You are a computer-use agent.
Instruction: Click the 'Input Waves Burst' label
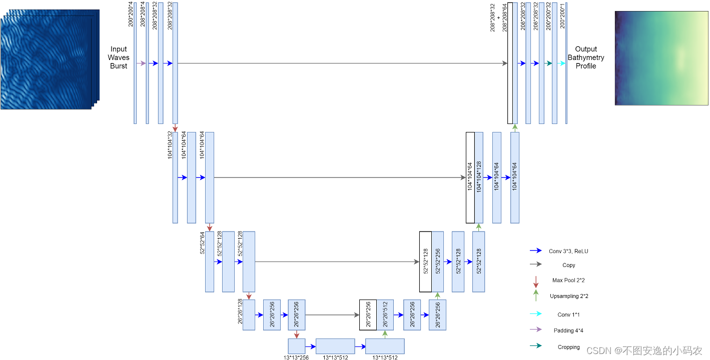click(x=119, y=57)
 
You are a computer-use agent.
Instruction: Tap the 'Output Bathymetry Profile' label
click(x=586, y=57)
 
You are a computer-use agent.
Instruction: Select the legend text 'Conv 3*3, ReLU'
click(x=568, y=251)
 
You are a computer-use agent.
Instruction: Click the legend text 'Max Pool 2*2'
click(x=568, y=280)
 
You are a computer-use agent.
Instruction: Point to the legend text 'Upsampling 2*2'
click(x=569, y=296)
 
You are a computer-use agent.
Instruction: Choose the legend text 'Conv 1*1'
click(x=568, y=314)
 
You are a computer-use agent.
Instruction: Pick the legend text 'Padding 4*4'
click(x=568, y=330)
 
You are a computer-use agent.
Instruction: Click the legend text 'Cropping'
click(x=568, y=347)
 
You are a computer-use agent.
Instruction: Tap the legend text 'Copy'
click(x=568, y=265)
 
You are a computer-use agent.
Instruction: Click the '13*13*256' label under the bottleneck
click(x=297, y=357)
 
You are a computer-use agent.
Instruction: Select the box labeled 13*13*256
click(x=297, y=346)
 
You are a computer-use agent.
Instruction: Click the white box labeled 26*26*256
click(x=368, y=315)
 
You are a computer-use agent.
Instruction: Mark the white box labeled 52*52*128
click(x=425, y=261)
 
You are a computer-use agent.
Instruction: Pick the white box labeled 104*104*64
click(x=470, y=177)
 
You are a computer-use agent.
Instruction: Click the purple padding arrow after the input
click(x=141, y=63)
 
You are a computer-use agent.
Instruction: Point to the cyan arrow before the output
click(x=561, y=63)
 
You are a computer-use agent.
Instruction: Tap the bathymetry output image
click(x=661, y=58)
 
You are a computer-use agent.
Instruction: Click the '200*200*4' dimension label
click(x=131, y=14)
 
